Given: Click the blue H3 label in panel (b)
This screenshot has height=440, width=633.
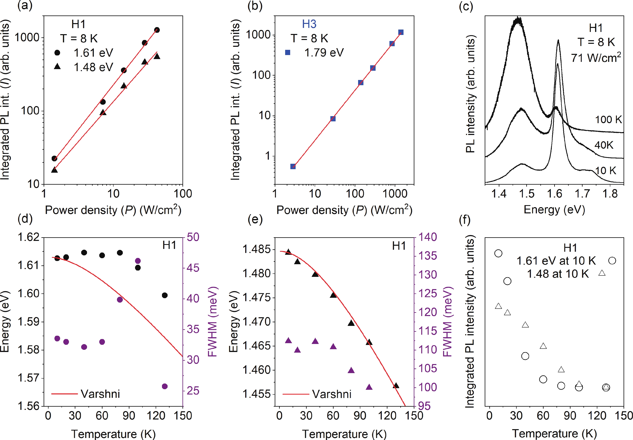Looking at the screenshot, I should pyautogui.click(x=309, y=24).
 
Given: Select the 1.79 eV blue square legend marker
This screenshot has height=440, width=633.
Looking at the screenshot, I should pyautogui.click(x=288, y=52).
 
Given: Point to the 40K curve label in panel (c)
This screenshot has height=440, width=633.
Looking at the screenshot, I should pyautogui.click(x=604, y=145).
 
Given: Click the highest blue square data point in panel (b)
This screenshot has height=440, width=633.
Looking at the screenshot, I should pyautogui.click(x=401, y=32).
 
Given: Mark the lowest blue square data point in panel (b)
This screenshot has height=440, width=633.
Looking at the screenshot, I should pyautogui.click(x=293, y=166).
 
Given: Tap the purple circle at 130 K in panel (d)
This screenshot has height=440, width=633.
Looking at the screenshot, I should pyautogui.click(x=165, y=386).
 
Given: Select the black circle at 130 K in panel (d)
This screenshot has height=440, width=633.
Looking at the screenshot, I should pyautogui.click(x=165, y=295).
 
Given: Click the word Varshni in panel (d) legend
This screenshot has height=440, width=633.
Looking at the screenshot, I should pyautogui.click(x=100, y=394).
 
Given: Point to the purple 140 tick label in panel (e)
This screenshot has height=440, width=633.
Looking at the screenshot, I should pyautogui.click(x=428, y=237).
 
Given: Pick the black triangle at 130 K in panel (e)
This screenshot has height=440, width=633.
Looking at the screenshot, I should pyautogui.click(x=396, y=385).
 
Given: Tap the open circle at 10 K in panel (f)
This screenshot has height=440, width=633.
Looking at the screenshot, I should pyautogui.click(x=498, y=253).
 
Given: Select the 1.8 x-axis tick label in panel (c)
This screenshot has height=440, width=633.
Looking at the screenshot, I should pyautogui.click(x=610, y=194).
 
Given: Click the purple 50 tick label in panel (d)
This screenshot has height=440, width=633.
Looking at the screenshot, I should pyautogui.click(x=193, y=237).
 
